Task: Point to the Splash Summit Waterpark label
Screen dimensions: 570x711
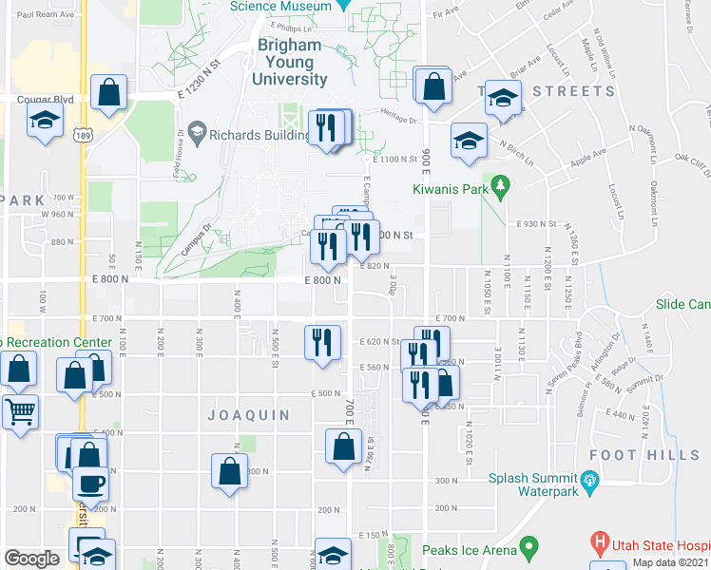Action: (x=533, y=485)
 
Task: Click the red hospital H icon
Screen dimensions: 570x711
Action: (x=600, y=545)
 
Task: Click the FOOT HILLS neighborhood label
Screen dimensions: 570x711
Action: (x=658, y=456)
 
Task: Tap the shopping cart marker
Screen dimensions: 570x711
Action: (x=19, y=412)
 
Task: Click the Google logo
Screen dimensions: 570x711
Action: (x=31, y=559)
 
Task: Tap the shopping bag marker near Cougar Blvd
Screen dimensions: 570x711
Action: (x=110, y=93)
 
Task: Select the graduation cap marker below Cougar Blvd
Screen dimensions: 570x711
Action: (x=43, y=122)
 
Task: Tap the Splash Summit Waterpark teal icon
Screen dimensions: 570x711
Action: (x=590, y=480)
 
